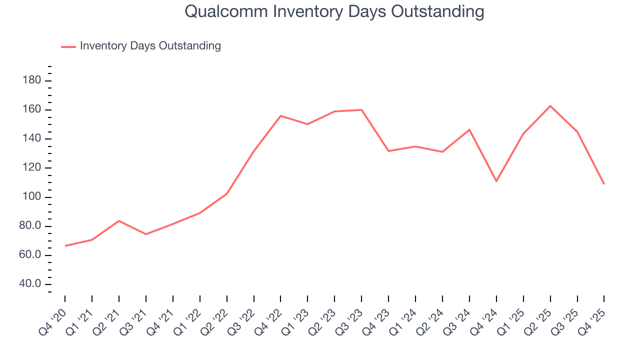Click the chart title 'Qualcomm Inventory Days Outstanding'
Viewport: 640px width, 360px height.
334,11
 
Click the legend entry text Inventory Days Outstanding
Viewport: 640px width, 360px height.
150,46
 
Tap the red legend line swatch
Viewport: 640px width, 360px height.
68,46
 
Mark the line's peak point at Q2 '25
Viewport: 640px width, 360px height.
550,106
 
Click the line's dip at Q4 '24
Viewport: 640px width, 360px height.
496,181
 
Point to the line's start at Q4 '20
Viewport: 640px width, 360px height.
65,246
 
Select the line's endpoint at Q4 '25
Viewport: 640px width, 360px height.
604,184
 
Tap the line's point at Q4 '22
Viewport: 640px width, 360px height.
280,115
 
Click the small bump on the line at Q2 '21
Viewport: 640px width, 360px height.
119,220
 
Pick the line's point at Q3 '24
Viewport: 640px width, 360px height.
469,129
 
